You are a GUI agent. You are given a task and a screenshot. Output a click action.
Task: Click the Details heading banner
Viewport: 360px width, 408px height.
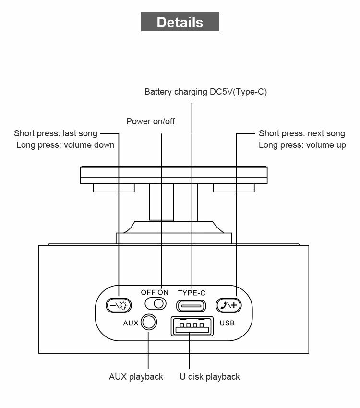[x=180, y=22]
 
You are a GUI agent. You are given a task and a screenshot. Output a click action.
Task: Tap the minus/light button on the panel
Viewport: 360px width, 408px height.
[x=118, y=305]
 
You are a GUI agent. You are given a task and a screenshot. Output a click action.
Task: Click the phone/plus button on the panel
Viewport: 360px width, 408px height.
[x=228, y=305]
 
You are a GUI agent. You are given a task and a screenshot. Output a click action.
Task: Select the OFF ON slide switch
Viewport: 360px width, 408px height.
[x=156, y=303]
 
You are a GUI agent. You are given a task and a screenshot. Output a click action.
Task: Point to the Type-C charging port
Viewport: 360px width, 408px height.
[x=191, y=305]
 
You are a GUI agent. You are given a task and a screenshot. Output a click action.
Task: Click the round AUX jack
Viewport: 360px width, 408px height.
[x=149, y=322]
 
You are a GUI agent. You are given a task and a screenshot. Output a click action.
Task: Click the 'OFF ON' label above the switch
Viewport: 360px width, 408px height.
[x=155, y=292]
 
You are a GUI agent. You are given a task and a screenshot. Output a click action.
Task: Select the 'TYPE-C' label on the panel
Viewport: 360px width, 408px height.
[x=192, y=293]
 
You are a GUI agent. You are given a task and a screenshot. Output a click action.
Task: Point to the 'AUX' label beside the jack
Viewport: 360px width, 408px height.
[x=131, y=323]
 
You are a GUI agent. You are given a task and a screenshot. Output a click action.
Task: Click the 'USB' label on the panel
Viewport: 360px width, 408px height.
[x=227, y=323]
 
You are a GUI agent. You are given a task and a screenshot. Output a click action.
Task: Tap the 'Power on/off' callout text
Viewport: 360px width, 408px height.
[x=150, y=121]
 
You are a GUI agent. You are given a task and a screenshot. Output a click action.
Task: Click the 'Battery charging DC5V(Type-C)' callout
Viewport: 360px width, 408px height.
[x=205, y=92]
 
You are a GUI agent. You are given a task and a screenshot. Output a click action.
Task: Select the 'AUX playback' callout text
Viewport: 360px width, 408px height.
[x=136, y=377]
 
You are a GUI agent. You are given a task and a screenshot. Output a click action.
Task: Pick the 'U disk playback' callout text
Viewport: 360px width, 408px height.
[x=210, y=377]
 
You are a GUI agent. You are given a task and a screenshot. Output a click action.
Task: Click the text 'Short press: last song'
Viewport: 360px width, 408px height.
[x=56, y=133]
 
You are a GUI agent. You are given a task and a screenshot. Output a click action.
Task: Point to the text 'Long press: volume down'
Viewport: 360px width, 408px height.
[x=65, y=145]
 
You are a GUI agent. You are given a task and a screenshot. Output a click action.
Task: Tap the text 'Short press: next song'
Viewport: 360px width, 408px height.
[x=302, y=133]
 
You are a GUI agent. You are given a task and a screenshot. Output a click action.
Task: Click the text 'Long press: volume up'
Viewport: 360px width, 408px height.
[x=302, y=145]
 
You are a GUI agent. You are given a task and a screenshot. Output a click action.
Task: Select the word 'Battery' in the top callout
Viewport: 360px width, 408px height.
[x=157, y=92]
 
